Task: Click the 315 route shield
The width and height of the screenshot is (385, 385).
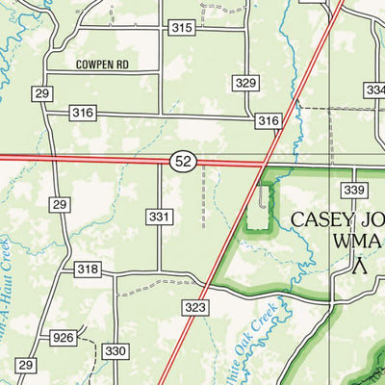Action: (x=182, y=28)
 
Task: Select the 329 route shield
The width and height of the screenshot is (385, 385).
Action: (x=245, y=84)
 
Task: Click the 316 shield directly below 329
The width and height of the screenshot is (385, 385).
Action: (x=268, y=120)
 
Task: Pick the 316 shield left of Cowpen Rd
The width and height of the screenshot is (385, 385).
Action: (x=84, y=114)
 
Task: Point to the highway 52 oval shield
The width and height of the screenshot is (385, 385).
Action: (x=184, y=162)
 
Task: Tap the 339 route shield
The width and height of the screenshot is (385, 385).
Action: (x=355, y=190)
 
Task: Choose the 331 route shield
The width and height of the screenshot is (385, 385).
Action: (x=160, y=218)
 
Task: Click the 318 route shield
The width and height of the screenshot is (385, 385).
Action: (x=88, y=270)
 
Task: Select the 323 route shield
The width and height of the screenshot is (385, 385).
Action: (x=195, y=307)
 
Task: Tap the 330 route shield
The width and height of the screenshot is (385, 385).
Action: (x=115, y=351)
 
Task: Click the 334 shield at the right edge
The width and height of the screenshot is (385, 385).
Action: (x=375, y=90)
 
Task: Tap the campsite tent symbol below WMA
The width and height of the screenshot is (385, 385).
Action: (x=360, y=266)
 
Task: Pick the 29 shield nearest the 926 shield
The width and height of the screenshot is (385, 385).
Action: (x=26, y=365)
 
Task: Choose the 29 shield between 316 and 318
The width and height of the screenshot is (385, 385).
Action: (x=60, y=205)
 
